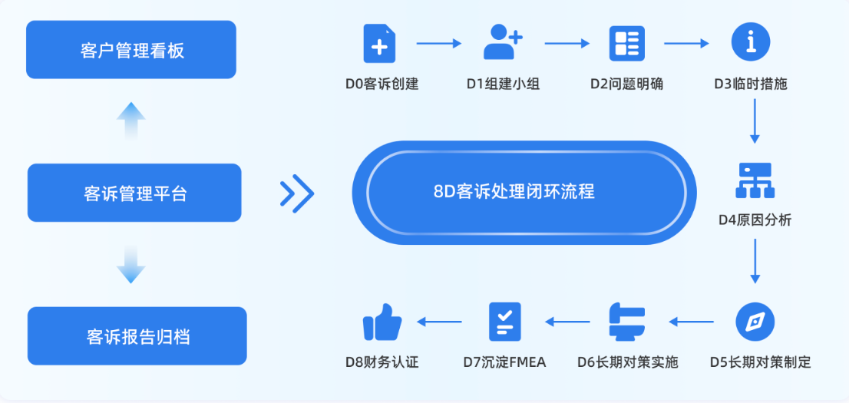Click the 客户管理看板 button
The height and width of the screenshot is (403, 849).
[132, 50]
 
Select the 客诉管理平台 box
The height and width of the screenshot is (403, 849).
[135, 193]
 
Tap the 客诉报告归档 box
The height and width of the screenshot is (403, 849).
[137, 336]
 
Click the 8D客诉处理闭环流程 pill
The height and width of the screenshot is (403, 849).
[524, 192]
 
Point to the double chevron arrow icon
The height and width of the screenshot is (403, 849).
[297, 193]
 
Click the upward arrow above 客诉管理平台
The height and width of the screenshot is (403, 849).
[131, 120]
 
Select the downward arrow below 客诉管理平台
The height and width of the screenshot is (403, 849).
[131, 266]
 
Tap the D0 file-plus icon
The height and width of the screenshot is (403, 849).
[379, 44]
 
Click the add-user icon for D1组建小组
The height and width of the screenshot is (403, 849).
[503, 43]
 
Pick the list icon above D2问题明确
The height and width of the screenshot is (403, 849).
[627, 44]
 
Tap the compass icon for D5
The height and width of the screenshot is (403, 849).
[755, 322]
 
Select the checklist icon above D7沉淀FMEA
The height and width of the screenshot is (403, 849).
[504, 322]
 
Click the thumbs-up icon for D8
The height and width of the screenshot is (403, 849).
[382, 322]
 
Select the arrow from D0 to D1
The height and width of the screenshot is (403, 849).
[439, 44]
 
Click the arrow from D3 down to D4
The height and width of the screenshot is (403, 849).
[755, 121]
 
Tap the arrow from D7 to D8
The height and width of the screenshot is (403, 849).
[440, 322]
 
